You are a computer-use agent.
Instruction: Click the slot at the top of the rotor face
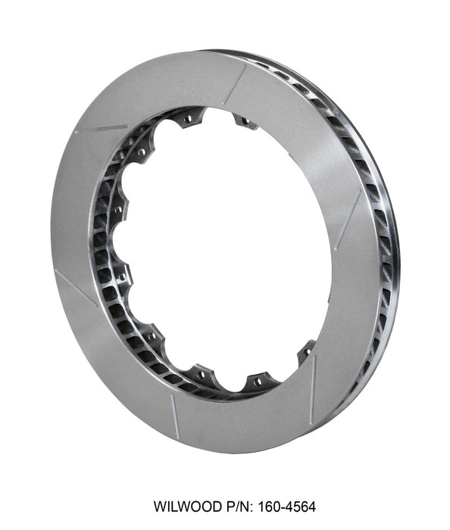(235, 83)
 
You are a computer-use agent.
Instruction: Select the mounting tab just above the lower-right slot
(306, 351)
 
